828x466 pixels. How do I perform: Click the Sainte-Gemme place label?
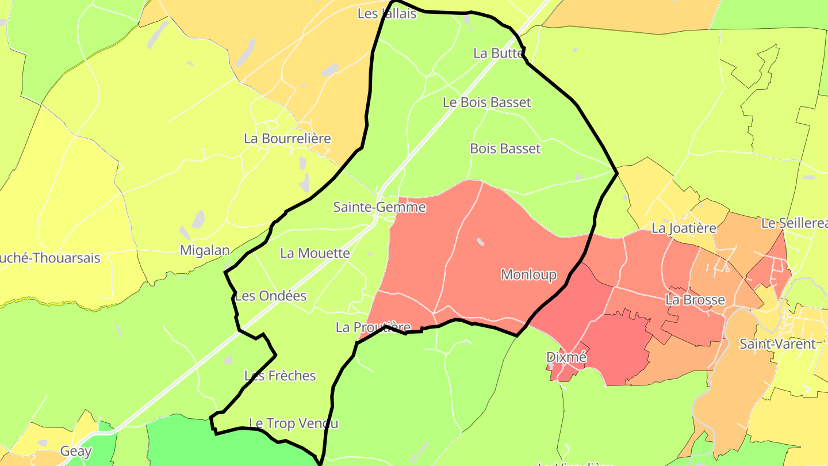[379, 207]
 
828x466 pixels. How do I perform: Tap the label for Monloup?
[528, 274]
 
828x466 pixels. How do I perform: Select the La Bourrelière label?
[287, 139]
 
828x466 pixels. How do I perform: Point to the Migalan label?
[205, 250]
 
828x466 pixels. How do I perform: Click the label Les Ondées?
[271, 296]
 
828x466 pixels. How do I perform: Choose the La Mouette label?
[315, 253]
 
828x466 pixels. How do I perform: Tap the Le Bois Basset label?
[486, 102]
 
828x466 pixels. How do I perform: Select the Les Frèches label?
[280, 376]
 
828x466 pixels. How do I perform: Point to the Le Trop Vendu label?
[294, 423]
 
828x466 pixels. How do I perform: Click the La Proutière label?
[373, 327]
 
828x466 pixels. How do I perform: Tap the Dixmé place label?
[566, 357]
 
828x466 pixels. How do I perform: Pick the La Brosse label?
[695, 300]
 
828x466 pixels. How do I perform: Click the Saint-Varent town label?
[777, 344]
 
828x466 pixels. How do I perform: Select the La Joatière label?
[684, 228]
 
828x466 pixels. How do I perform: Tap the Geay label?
[76, 451]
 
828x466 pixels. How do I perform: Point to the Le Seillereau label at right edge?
[794, 223]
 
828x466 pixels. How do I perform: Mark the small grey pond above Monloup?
[480, 242]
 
